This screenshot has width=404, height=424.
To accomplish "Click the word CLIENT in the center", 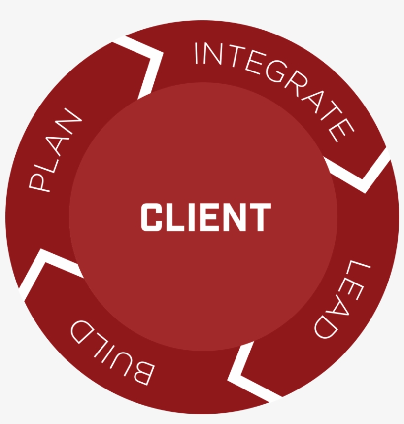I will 205,217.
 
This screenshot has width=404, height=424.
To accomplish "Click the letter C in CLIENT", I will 150,217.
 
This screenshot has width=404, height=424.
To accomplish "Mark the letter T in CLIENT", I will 261,217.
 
